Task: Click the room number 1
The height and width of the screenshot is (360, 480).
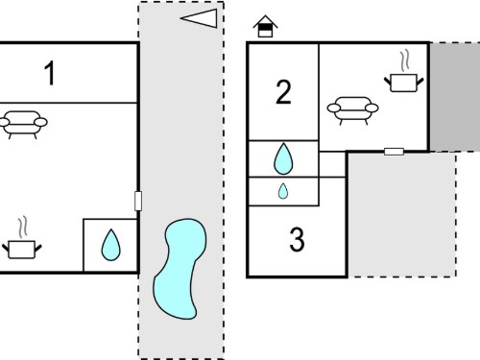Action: coord(50,73)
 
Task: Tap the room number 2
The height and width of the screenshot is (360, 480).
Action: coord(283,92)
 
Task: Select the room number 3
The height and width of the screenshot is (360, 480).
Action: coord(297,239)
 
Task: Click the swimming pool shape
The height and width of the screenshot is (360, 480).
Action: coord(180,269)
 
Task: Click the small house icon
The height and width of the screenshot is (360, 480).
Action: coord(265,26)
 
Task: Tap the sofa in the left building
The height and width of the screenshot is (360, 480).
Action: coord(23,124)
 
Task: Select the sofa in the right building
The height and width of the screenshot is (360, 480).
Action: coord(352,110)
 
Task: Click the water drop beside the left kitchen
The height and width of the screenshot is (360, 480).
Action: coord(110,245)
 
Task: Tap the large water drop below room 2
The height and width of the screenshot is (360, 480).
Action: coord(283,158)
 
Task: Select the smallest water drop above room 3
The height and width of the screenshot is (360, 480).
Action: coord(283,191)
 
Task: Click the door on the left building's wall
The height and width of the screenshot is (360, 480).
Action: coord(138,201)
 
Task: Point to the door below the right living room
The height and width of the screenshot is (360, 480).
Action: coord(394,152)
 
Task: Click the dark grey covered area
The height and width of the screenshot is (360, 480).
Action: coord(455,97)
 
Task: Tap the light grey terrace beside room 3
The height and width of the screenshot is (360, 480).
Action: coord(402,214)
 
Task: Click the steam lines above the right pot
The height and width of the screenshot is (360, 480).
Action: coord(405,60)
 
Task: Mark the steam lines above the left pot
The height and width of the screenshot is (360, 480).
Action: coord(22,228)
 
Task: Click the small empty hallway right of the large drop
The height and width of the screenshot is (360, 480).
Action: coord(332,164)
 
